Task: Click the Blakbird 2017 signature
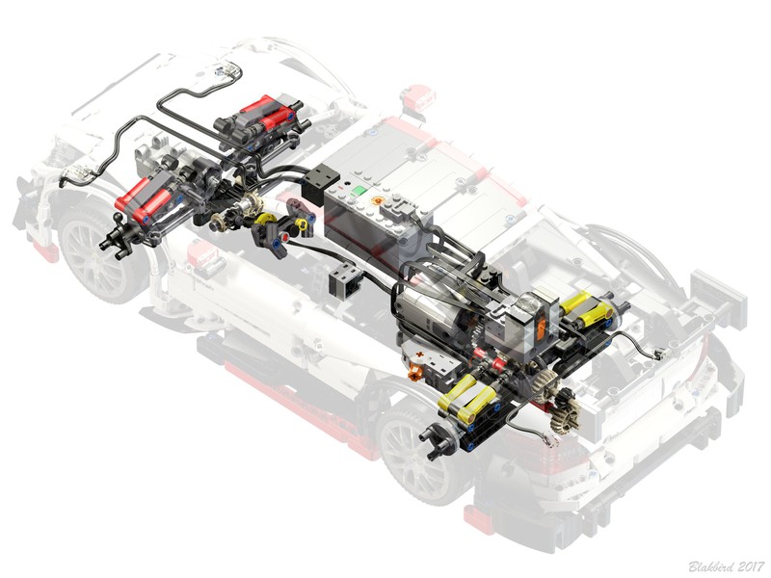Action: click(727, 566)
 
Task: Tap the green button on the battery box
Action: click(359, 191)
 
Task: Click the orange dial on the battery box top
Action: click(378, 200)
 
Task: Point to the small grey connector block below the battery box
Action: click(345, 278)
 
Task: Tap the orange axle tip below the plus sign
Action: click(415, 374)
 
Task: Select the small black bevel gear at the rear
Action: click(569, 396)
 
